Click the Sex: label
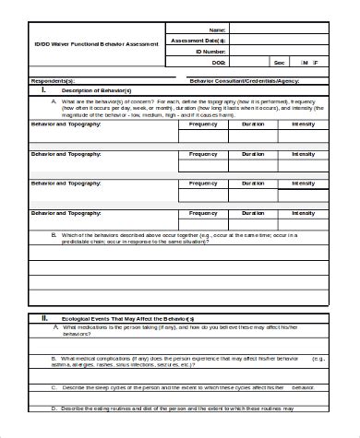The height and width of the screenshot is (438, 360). tap(279, 63)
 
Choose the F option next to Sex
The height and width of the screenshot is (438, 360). tap(316, 63)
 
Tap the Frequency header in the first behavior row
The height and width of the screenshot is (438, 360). tap(203, 123)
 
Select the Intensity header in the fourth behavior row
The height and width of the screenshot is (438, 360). tap(303, 213)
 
